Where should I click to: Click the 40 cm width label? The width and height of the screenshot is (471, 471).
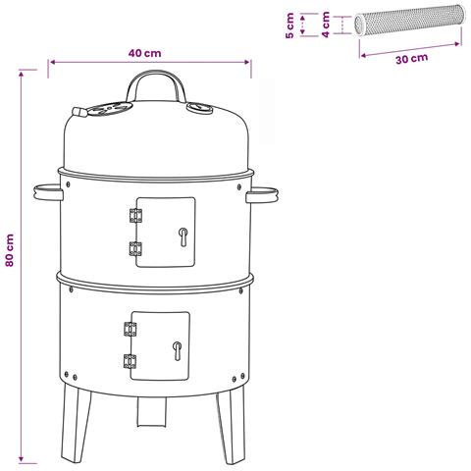[x=144, y=53]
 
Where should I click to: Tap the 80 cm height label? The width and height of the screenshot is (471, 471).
[x=10, y=250]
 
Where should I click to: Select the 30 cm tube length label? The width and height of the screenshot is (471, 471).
[x=411, y=59]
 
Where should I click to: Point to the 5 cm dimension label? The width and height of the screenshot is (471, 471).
[x=289, y=26]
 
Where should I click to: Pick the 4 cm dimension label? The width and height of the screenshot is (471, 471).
[x=326, y=25]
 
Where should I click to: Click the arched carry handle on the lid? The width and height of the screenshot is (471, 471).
[x=156, y=75]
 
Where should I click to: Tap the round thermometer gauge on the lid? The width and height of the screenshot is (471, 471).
[x=199, y=108]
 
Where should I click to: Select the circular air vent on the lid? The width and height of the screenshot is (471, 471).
[x=110, y=108]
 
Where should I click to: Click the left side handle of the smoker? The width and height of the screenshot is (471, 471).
[x=48, y=192]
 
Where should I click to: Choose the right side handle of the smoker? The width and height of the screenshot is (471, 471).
[x=262, y=194]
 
